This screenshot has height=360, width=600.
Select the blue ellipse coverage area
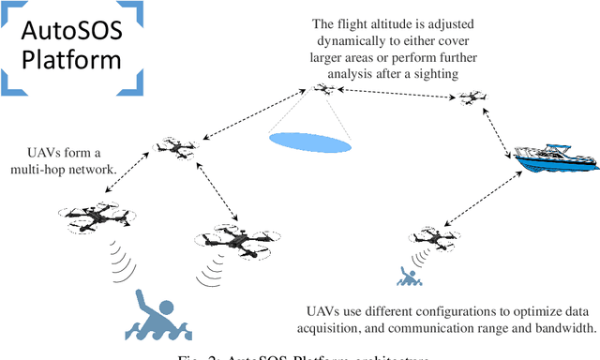pyautogui.click(x=309, y=142)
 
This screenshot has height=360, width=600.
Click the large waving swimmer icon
pyautogui.click(x=158, y=316)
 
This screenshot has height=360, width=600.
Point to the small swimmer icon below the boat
pyautogui.click(x=408, y=277)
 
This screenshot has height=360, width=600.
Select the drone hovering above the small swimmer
pyautogui.click(x=432, y=234)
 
